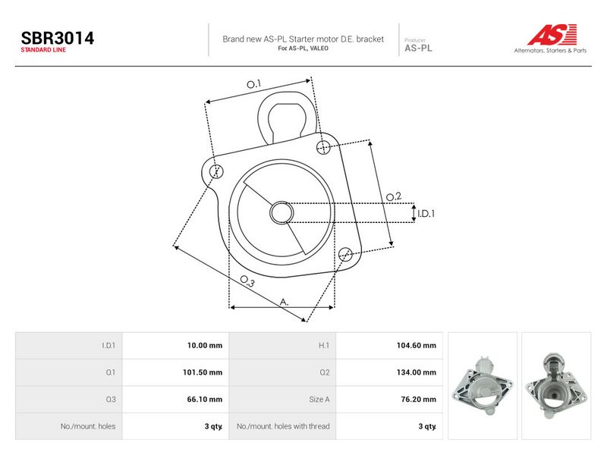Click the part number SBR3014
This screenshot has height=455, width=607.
pyautogui.click(x=58, y=38)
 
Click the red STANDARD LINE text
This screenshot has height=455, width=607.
pyautogui.click(x=43, y=50)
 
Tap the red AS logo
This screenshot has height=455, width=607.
pyautogui.click(x=552, y=34)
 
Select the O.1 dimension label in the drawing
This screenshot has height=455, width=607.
pyautogui.click(x=254, y=84)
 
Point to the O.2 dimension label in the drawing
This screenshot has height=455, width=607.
pyautogui.click(x=394, y=196)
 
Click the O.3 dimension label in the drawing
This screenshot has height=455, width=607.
pyautogui.click(x=247, y=281)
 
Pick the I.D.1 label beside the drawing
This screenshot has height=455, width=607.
pyautogui.click(x=426, y=214)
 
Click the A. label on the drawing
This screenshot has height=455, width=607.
pyautogui.click(x=284, y=302)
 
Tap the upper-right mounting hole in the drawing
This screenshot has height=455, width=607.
pyautogui.click(x=323, y=147)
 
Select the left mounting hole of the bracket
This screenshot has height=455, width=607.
pyautogui.click(x=216, y=171)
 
